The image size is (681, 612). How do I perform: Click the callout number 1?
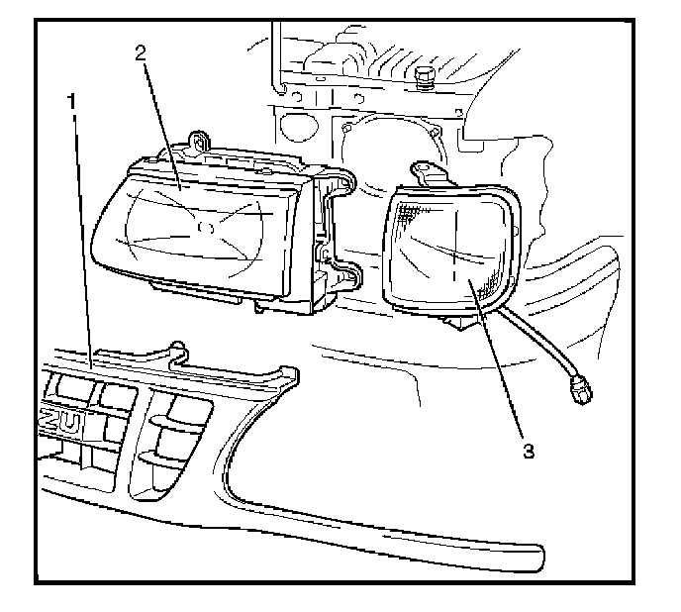[x=71, y=100]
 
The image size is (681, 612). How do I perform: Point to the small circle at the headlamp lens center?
[x=206, y=228]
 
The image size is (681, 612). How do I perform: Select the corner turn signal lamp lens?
[x=445, y=248]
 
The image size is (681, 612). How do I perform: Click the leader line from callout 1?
[x=81, y=248]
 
